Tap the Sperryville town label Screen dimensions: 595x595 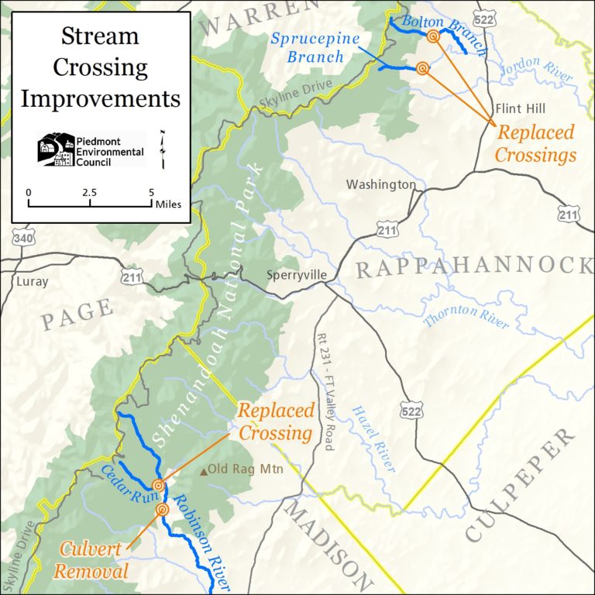click(295, 274)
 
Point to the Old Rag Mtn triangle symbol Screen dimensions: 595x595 click(205, 470)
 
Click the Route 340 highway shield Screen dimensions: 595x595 click(23, 239)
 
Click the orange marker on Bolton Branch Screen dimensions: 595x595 click(433, 36)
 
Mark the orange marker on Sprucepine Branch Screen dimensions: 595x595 click(422, 68)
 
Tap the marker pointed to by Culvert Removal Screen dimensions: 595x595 click(162, 509)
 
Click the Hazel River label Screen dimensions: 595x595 click(373, 439)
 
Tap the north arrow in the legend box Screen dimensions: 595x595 click(163, 150)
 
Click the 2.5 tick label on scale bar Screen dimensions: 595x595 click(90, 192)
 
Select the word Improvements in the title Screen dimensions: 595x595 click(100, 98)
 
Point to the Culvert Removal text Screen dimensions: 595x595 click(95, 561)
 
